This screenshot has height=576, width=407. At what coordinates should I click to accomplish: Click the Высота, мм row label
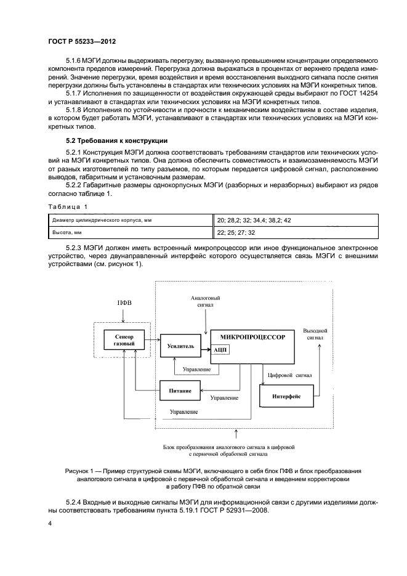click(x=67, y=233)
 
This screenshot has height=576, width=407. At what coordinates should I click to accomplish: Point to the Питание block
click(x=180, y=391)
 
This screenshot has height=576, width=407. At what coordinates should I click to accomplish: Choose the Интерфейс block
click(x=286, y=396)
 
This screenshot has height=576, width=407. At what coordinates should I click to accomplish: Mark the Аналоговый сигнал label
click(x=206, y=301)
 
